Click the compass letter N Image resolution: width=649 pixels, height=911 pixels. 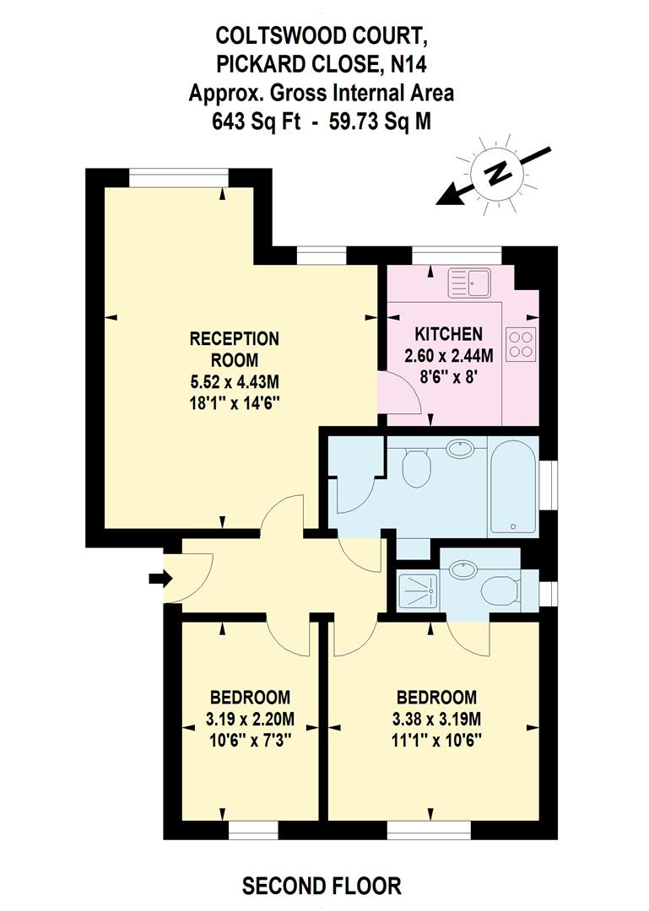tap(499, 175)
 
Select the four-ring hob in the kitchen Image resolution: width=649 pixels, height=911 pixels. tap(520, 342)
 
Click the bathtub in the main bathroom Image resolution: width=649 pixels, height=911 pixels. tap(513, 487)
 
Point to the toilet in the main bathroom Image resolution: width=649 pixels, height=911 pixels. tap(416, 468)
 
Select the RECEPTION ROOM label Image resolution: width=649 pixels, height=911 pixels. tap(234, 348)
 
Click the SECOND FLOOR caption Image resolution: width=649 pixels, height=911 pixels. tap(322, 886)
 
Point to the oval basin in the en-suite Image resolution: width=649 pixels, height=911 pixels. tap(462, 568)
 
